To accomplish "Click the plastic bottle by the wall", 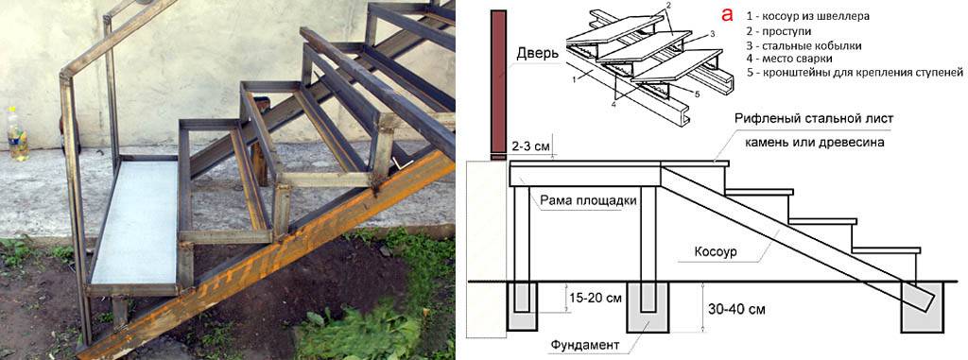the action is (x=17, y=133).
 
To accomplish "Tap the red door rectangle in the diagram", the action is (x=499, y=85).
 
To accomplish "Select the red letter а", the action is (x=728, y=14).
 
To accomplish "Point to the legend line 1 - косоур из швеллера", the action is (x=807, y=17).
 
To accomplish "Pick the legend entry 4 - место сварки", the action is (x=788, y=60).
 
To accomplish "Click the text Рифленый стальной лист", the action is (x=814, y=118).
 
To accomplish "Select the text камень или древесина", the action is (x=814, y=143).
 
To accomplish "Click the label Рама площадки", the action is (x=588, y=200).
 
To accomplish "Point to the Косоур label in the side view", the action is (x=717, y=252).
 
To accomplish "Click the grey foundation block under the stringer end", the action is (x=924, y=307).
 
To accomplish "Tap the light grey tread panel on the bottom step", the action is (x=133, y=222).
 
